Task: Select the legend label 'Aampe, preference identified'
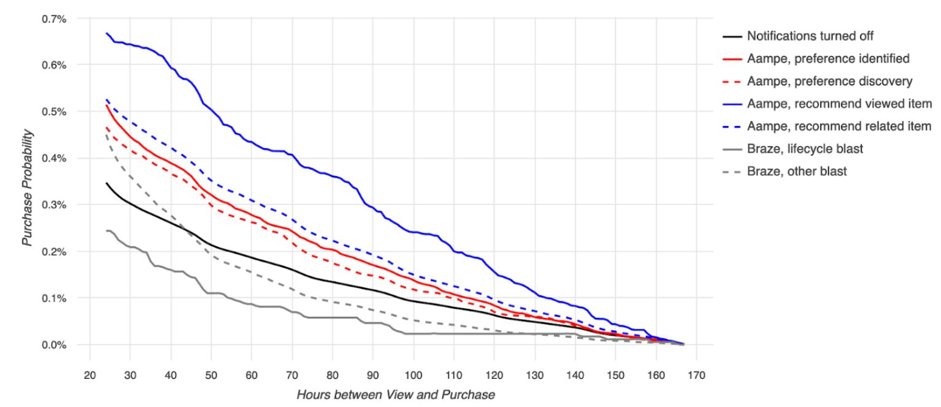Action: (x=828, y=59)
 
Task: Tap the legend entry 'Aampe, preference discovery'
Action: (x=829, y=81)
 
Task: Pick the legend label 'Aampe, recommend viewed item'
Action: (x=839, y=104)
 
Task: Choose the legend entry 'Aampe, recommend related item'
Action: (x=839, y=126)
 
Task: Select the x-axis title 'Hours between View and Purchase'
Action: (x=396, y=395)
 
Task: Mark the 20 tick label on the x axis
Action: (x=90, y=374)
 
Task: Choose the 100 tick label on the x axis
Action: (x=413, y=374)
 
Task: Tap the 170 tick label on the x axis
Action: (x=697, y=374)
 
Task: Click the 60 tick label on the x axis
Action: (x=252, y=374)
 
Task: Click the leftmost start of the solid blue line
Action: (x=106, y=33)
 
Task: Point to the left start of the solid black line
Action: (x=106, y=183)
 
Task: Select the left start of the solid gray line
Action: (x=106, y=231)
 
